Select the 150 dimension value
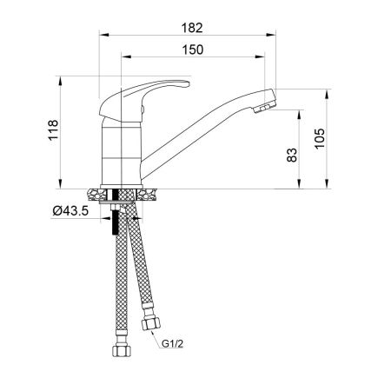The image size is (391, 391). point(194,50)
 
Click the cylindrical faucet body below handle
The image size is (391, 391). point(121,152)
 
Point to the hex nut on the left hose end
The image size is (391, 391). point(119,352)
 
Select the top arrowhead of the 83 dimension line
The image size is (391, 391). point(301,111)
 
